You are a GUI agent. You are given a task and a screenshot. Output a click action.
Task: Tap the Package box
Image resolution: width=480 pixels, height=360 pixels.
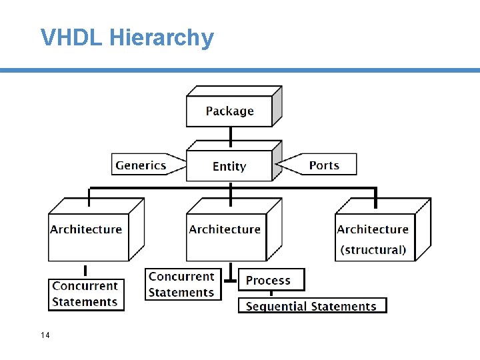tap(229, 111)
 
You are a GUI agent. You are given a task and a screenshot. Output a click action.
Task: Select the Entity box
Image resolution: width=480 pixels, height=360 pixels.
tap(229, 166)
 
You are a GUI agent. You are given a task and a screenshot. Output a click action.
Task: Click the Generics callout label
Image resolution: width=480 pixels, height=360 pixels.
tap(141, 165)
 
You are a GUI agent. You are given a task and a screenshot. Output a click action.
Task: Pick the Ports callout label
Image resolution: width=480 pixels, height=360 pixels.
tap(324, 165)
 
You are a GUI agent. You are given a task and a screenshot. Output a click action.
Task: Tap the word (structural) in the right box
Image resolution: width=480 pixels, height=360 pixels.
tap(373, 250)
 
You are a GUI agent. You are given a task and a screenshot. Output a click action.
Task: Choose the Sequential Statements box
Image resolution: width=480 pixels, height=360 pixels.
tap(312, 306)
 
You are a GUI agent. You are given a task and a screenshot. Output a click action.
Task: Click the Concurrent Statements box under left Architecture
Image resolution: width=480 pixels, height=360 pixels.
tap(86, 294)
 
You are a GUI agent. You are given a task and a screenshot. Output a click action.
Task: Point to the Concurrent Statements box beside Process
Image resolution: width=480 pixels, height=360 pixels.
tap(183, 285)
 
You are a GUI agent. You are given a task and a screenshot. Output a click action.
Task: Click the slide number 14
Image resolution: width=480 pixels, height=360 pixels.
tap(45, 335)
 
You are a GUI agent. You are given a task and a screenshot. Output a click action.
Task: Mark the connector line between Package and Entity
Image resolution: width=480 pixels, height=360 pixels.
tap(231, 135)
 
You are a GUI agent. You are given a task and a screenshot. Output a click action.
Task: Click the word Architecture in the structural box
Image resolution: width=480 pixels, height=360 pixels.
tap(373, 229)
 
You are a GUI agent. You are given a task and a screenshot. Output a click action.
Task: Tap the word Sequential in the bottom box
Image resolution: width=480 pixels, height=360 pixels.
tap(275, 307)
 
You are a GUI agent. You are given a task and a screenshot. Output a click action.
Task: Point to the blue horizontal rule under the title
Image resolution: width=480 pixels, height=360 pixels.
tap(240, 70)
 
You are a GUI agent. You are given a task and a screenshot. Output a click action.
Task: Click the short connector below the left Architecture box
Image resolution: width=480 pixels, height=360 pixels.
tap(85, 271)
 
